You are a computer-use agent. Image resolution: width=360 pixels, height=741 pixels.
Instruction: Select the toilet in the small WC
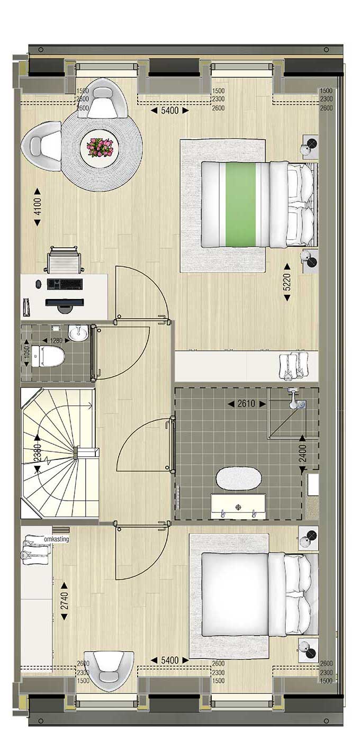point(48,356)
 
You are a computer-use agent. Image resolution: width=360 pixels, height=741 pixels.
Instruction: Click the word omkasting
point(56,539)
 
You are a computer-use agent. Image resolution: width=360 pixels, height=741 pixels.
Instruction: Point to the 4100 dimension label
point(38,207)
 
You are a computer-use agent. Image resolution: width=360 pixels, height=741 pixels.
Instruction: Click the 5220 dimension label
point(287,282)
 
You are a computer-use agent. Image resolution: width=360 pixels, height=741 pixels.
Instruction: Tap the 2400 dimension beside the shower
point(302,453)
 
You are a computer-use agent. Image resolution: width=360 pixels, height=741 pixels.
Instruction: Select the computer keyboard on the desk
point(65,284)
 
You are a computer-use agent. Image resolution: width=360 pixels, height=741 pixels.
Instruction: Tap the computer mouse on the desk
point(38,284)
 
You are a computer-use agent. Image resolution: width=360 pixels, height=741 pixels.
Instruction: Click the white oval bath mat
point(239,478)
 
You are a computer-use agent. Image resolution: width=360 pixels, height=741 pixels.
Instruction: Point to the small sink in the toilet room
point(78,332)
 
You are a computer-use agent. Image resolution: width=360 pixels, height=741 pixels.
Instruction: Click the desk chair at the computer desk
point(64,259)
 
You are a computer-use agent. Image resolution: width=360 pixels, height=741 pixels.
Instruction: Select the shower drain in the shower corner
point(301,403)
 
